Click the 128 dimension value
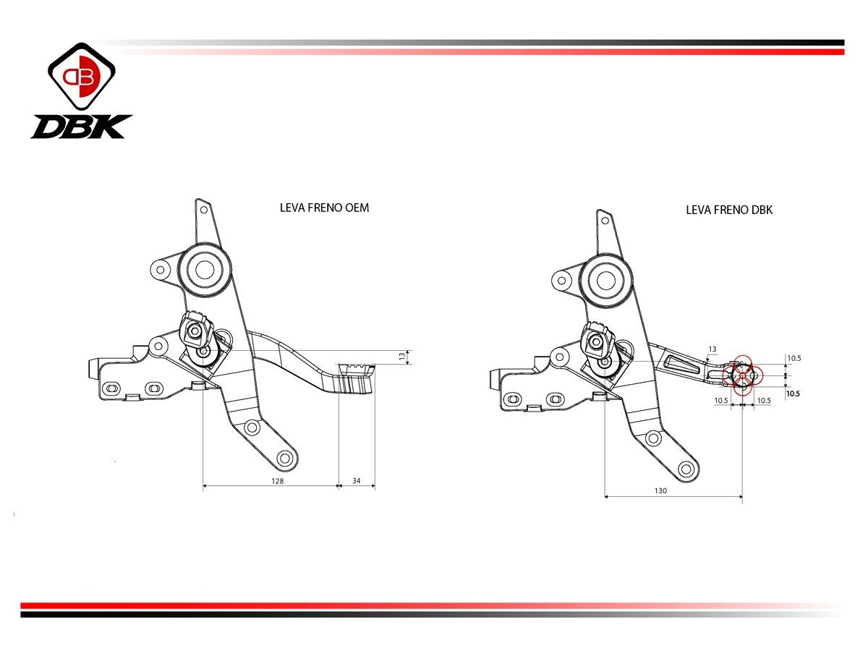[x=277, y=480]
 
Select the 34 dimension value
[x=356, y=480]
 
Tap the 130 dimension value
[x=660, y=490]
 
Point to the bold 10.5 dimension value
[x=793, y=394]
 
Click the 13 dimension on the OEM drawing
[x=403, y=356]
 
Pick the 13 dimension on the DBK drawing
[x=712, y=349]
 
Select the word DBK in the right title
[x=758, y=210]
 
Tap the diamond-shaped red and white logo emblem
[x=82, y=76]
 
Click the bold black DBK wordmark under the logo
[x=81, y=127]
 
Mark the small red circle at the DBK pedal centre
[x=743, y=375]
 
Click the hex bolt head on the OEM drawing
[x=194, y=331]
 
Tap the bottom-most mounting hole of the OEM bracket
[x=284, y=458]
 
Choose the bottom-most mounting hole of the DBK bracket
[x=686, y=468]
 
